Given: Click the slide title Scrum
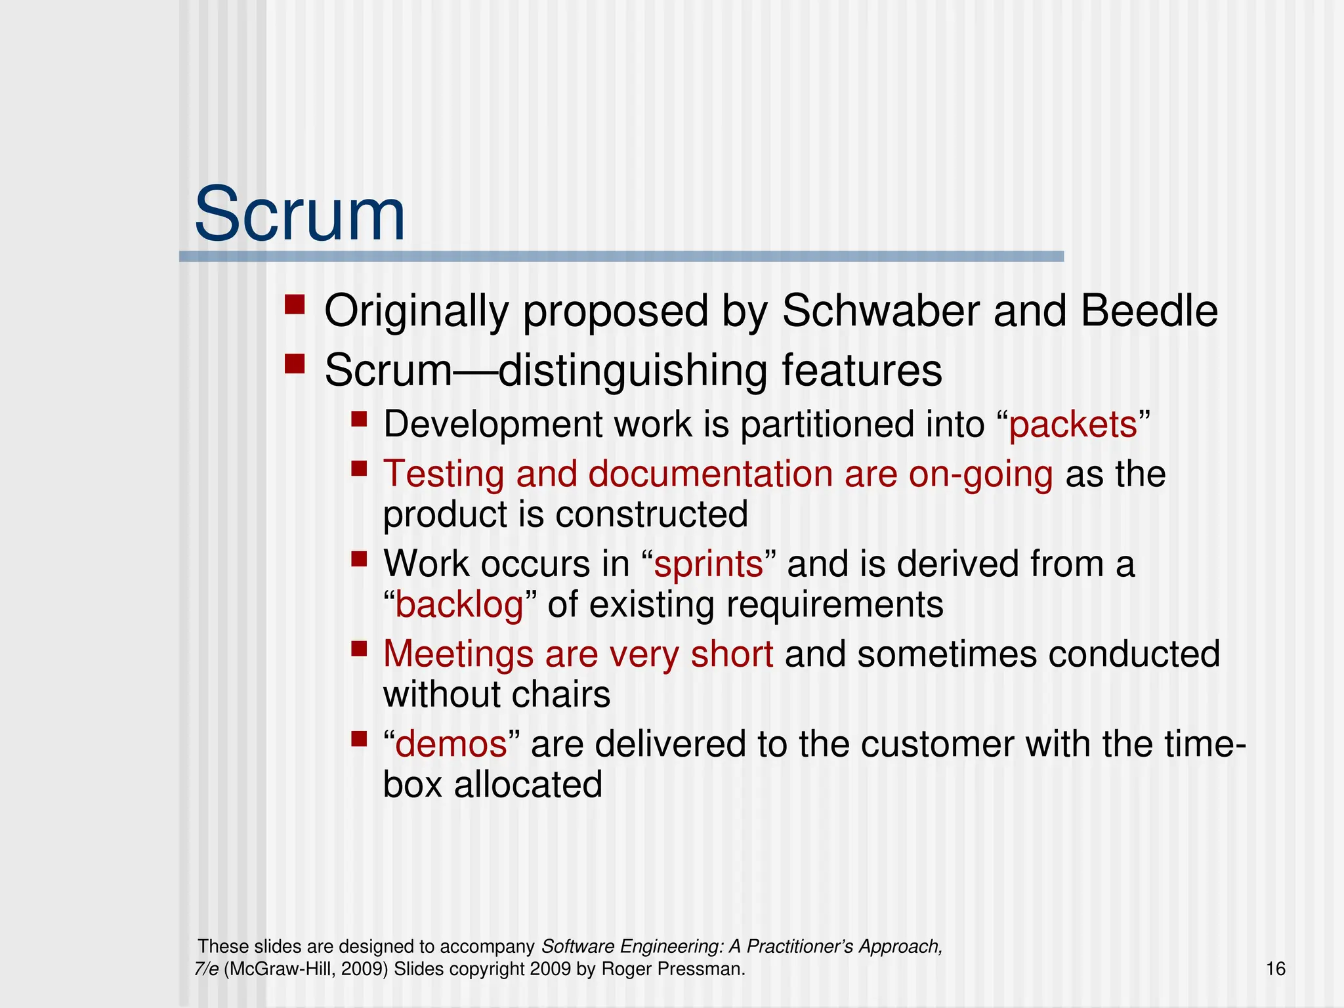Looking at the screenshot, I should point(300,215).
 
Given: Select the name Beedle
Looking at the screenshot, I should point(1149,310).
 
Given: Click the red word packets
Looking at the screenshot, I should point(1072,425).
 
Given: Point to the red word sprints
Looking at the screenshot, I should point(709,564).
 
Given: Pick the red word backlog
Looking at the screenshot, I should point(459,605).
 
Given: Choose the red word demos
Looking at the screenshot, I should point(451,745).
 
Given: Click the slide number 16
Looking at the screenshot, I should point(1275,969).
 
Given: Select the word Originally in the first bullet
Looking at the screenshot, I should point(416,310).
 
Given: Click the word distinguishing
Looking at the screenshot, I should point(633,371).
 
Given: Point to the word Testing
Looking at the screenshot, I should point(444,474).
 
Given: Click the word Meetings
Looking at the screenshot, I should point(457,654).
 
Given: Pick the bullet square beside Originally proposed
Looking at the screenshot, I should point(295,304).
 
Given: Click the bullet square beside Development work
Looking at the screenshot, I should point(358,419).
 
